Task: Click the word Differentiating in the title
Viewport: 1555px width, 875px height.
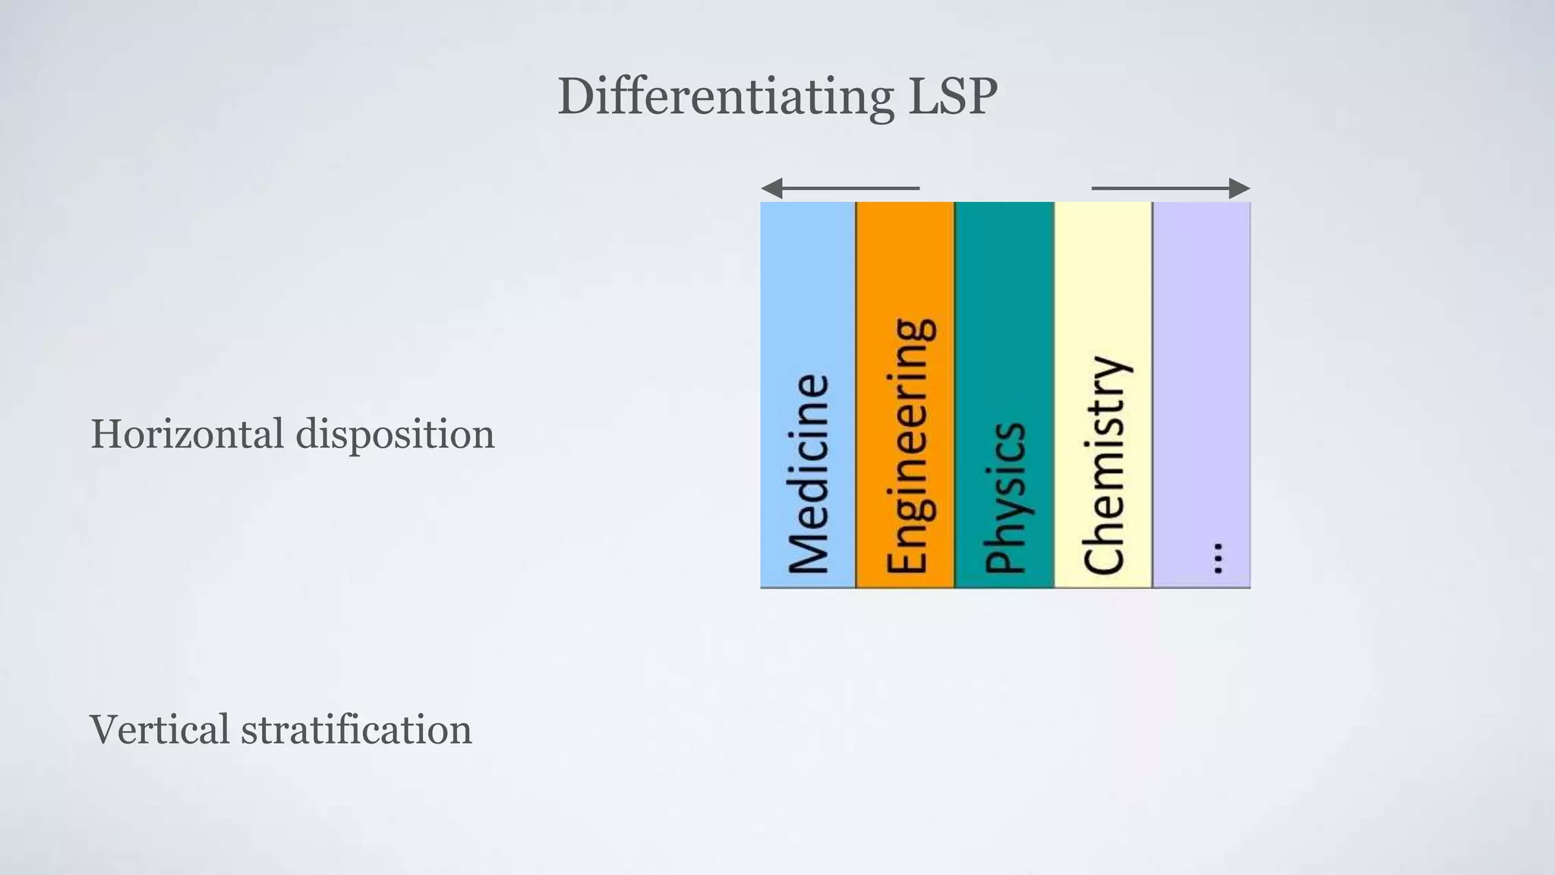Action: tap(725, 97)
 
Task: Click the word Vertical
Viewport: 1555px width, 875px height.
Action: tap(159, 729)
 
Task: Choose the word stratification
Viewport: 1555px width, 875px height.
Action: tap(356, 729)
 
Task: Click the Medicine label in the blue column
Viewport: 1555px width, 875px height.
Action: tap(808, 474)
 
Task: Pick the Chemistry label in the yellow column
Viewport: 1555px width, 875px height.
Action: tap(1105, 465)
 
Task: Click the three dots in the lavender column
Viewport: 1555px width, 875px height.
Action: tap(1218, 558)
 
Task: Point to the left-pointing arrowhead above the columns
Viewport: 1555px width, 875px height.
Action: tap(771, 188)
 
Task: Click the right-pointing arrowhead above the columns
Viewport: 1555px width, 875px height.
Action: tap(1239, 188)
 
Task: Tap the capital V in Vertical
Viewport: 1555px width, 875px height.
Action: tap(106, 729)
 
